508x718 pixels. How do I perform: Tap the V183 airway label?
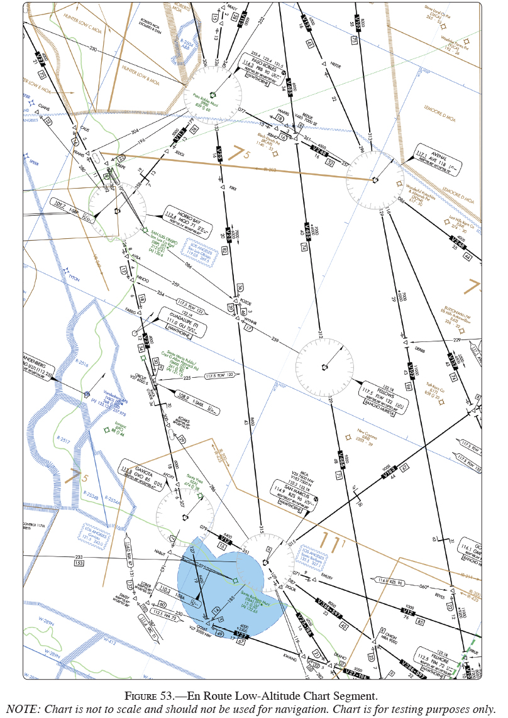(x=387, y=472)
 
